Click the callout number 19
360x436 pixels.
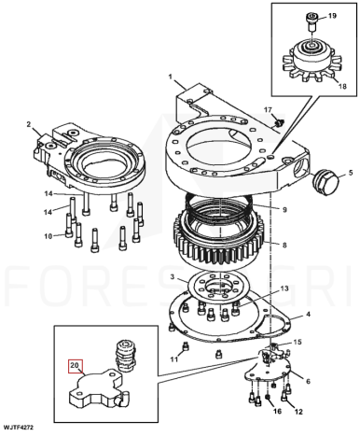(332, 16)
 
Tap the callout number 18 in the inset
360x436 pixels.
(342, 86)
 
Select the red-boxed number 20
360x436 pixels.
(76, 366)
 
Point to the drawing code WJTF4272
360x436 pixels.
(18, 427)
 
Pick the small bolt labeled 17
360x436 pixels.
(278, 122)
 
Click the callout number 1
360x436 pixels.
(171, 77)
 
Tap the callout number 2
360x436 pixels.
(29, 124)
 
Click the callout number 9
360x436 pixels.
(284, 210)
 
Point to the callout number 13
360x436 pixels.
(284, 288)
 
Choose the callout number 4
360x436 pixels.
(308, 315)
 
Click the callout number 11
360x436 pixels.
(174, 359)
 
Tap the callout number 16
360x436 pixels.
(277, 411)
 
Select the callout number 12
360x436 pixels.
(298, 412)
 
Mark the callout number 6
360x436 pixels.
(308, 381)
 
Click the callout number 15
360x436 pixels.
(298, 342)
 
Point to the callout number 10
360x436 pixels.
(48, 236)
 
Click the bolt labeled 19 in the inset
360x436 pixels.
(312, 21)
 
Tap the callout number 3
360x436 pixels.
(173, 276)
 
